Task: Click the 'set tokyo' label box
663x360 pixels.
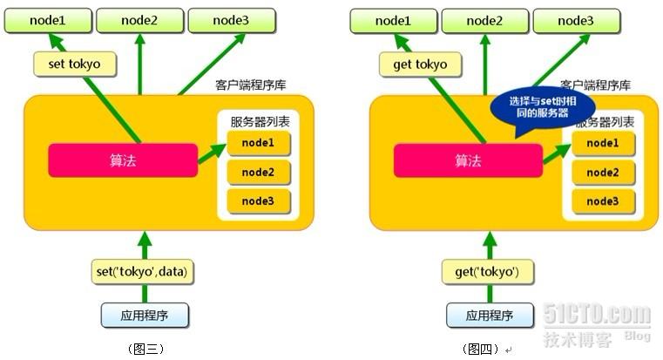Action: (73, 64)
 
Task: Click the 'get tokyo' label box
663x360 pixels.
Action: (419, 64)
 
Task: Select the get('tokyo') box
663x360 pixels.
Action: (487, 271)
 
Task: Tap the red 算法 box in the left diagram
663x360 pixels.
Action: (122, 160)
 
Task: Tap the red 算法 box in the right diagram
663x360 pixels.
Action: (468, 160)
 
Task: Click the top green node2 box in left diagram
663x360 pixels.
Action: (139, 20)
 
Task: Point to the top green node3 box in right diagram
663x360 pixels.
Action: (577, 20)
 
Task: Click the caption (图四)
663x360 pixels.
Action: (485, 349)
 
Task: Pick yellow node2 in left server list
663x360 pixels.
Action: (257, 172)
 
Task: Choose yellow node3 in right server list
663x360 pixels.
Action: (602, 201)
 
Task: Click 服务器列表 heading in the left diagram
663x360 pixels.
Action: (259, 122)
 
